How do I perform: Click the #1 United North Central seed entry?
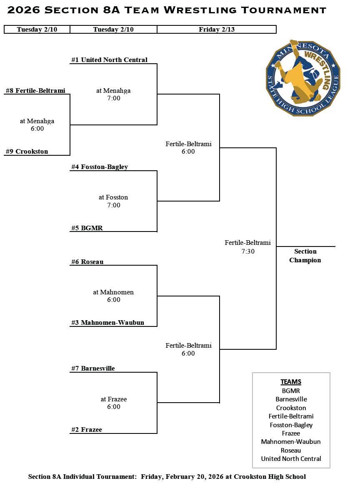[x=109, y=60]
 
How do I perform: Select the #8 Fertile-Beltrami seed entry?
[x=35, y=91]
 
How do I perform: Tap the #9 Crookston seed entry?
[x=27, y=152]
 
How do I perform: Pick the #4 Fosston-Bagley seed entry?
[x=100, y=167]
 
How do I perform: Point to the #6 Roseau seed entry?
[x=87, y=262]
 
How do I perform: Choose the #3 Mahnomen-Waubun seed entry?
[x=107, y=323]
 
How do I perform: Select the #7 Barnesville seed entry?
[x=93, y=368]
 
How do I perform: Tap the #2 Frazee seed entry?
[x=87, y=430]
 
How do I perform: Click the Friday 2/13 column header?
[x=216, y=30]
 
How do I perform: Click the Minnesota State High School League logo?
[x=303, y=78]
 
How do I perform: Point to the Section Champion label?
[x=305, y=256]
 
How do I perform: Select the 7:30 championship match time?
[x=247, y=251]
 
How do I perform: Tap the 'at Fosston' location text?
[x=113, y=197]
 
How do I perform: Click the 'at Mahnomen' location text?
[x=113, y=292]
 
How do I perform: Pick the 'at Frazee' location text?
[x=113, y=399]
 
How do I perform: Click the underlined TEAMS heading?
[x=291, y=382]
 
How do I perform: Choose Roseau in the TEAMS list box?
[x=291, y=450]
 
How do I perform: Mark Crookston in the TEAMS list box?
[x=291, y=408]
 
